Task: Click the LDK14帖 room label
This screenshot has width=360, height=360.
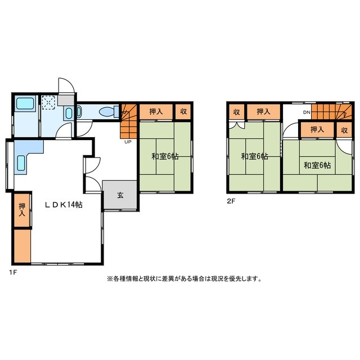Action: [x=64, y=205]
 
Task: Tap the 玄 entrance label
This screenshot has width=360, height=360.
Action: [x=120, y=195]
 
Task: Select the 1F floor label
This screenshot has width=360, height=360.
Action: [x=13, y=272]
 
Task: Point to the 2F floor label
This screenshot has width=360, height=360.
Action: [x=231, y=201]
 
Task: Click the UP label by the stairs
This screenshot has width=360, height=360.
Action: [x=128, y=142]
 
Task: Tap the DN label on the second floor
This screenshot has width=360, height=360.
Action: [x=307, y=112]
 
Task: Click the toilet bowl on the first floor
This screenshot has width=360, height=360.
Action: [x=107, y=112]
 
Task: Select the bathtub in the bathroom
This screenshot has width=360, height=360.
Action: [x=25, y=103]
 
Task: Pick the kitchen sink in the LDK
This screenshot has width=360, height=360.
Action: [x=21, y=163]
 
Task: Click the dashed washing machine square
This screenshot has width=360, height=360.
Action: [x=48, y=102]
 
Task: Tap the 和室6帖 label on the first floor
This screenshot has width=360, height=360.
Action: [x=165, y=156]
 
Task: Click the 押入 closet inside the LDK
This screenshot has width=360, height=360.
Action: [x=22, y=210]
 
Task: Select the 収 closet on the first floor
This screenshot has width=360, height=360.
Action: [x=183, y=112]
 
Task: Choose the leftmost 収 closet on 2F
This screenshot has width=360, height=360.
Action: [x=236, y=112]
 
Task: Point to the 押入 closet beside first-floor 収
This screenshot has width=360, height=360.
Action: [x=156, y=112]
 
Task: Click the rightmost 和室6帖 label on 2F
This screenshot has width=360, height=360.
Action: [x=317, y=165]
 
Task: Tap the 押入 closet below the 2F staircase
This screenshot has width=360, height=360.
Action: [x=317, y=130]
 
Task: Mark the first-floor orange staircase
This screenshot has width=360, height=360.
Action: [x=128, y=121]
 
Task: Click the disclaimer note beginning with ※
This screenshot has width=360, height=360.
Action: [x=184, y=279]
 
